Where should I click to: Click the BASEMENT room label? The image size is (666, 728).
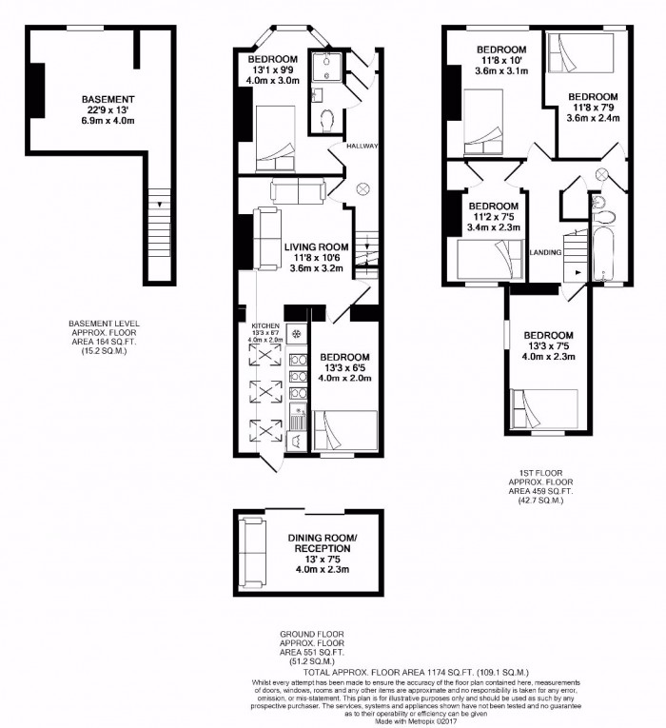[108, 99]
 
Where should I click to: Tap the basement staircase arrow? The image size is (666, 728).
[160, 204]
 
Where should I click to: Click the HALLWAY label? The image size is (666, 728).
[362, 146]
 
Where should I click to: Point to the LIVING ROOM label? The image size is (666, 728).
[317, 246]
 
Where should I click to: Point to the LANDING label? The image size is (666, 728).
[544, 252]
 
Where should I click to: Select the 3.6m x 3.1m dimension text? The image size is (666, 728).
[500, 69]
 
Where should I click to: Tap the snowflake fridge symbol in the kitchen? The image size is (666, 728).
[296, 334]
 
